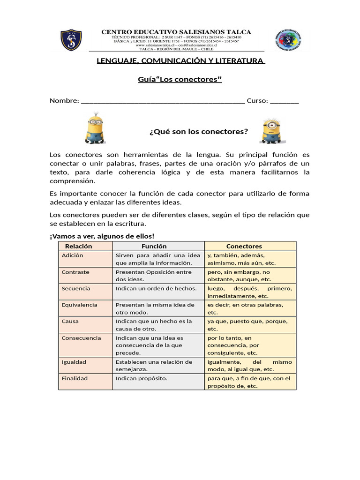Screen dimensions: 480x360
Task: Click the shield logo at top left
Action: pos(71,40)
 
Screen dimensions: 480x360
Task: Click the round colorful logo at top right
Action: pos(287,40)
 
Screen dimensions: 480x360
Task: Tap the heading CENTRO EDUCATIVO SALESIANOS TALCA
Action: pos(176,32)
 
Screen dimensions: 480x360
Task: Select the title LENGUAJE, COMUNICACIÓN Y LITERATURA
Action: pos(180,60)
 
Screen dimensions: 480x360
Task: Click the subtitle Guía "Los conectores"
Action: pos(180,79)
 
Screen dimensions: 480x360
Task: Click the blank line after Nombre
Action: pos(163,101)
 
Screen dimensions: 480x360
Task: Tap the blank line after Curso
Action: pos(284,101)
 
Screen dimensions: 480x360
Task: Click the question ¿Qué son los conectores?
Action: pos(198,131)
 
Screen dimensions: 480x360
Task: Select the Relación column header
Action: pos(78,246)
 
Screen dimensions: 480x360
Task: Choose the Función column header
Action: pos(154,246)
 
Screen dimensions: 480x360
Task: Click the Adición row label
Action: pos(72,255)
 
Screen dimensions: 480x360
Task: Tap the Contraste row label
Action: pos(75,272)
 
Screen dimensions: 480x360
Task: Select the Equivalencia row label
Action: pos(79,305)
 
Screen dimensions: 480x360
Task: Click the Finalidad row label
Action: pos(75,378)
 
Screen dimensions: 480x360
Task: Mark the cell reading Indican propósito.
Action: pos(141,378)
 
